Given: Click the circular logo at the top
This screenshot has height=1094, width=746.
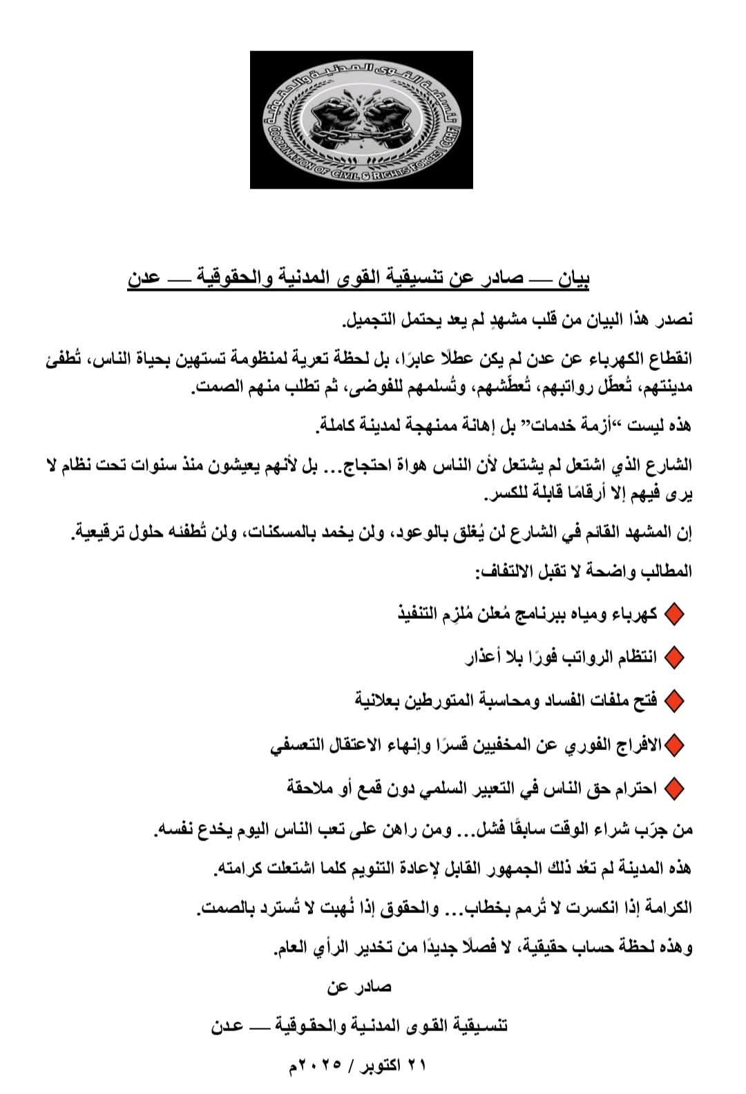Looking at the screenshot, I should click(361, 119).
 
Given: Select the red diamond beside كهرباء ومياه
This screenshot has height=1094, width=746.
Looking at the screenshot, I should click(673, 615).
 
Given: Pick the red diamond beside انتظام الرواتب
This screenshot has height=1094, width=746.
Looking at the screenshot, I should click(673, 658).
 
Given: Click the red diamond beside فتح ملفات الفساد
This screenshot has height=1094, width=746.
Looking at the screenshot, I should click(673, 702).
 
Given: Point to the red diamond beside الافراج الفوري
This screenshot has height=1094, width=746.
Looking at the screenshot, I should click(673, 745).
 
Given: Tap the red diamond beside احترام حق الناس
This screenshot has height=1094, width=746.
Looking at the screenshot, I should click(673, 788).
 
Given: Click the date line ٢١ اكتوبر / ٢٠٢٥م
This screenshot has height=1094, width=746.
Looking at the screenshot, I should click(357, 1064).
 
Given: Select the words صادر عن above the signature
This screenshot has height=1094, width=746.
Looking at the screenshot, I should click(359, 987).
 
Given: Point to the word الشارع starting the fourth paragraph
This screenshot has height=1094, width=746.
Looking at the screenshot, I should click(668, 465).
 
